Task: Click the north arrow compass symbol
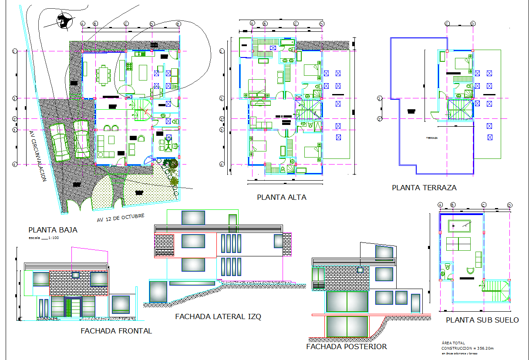click(64, 21)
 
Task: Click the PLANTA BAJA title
click(53, 229)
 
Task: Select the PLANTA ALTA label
click(281, 197)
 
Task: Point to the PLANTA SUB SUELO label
click(482, 320)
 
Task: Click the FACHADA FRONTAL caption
click(116, 331)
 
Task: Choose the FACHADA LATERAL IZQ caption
click(218, 316)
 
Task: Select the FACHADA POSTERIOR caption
click(346, 347)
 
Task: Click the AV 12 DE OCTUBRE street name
click(120, 217)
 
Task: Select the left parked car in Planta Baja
click(61, 142)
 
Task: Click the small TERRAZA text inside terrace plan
click(432, 138)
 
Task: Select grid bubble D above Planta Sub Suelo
click(509, 205)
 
